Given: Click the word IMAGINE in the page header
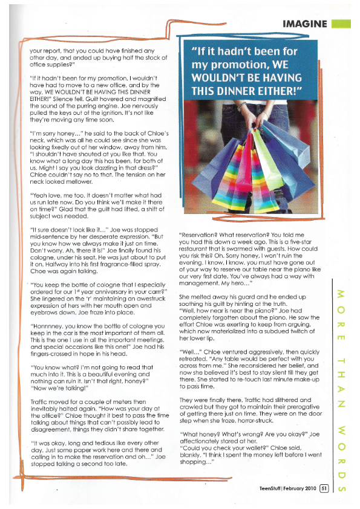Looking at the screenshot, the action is (305, 24).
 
